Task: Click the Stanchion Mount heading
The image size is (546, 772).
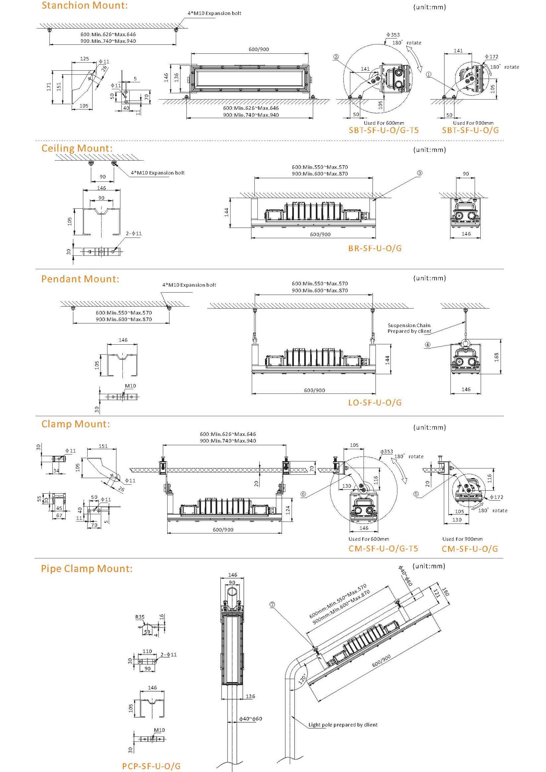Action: click(84, 6)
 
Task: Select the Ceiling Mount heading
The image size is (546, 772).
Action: click(77, 148)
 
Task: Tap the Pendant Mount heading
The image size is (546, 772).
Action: click(80, 279)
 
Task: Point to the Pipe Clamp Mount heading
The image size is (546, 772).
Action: click(87, 569)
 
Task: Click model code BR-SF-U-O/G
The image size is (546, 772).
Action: click(375, 248)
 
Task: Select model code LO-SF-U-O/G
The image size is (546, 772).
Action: click(375, 402)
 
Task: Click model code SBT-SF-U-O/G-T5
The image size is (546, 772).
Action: click(383, 130)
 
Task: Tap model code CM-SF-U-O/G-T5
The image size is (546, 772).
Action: click(383, 549)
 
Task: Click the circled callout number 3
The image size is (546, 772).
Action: click(419, 173)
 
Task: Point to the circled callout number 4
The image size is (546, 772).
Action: click(428, 345)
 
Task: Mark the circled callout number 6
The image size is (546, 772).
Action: click(303, 494)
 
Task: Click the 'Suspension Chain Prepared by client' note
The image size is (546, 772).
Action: click(409, 328)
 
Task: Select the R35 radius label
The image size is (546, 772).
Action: click(140, 617)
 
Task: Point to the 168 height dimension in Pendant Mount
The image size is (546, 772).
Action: click(497, 357)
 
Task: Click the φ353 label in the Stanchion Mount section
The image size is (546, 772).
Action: click(393, 35)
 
